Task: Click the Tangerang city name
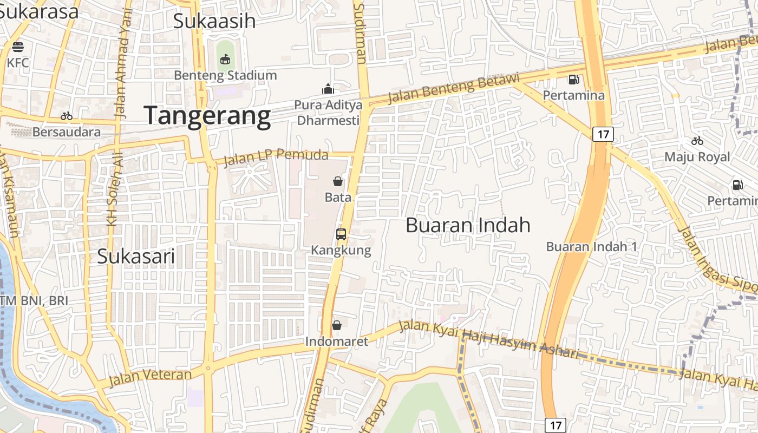click(207, 116)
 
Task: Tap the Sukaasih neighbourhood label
click(214, 21)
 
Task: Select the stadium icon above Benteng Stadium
click(225, 58)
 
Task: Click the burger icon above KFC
click(18, 47)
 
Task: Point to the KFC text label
click(18, 63)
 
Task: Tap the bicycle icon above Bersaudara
click(67, 115)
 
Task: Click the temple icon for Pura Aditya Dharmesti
click(328, 88)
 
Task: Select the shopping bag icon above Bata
click(338, 181)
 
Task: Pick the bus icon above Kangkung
click(341, 234)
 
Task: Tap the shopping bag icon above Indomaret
click(337, 325)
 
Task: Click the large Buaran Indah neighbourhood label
click(468, 225)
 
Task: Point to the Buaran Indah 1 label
click(592, 247)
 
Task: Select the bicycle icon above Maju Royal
click(697, 141)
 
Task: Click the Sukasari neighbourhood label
click(136, 257)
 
